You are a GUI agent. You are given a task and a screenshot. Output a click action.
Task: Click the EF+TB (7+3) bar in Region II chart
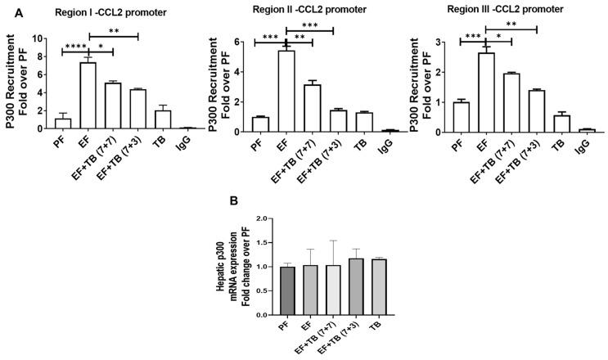(x=337, y=120)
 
